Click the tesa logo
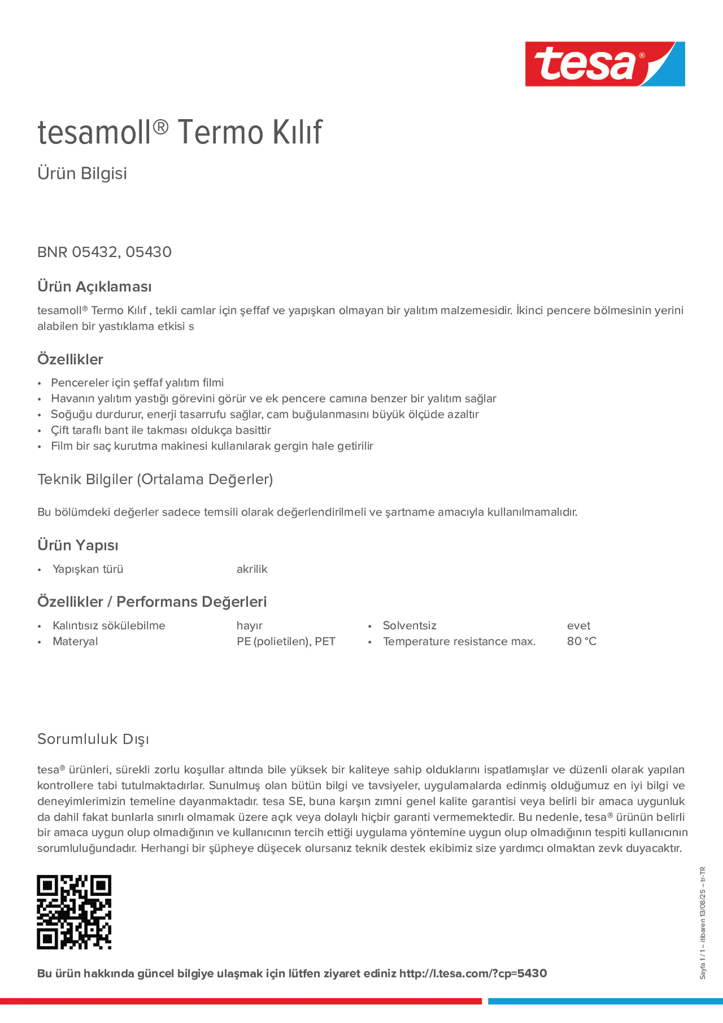click(x=605, y=64)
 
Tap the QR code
click(x=74, y=912)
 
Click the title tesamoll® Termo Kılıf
click(x=180, y=133)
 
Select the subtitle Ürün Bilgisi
click(x=82, y=174)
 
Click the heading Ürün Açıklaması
click(x=95, y=286)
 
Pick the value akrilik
click(x=252, y=570)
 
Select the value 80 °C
click(x=581, y=641)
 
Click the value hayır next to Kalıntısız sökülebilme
click(x=249, y=625)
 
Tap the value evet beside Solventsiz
click(x=578, y=625)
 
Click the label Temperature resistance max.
click(x=459, y=642)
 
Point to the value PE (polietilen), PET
click(x=286, y=642)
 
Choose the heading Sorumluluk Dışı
click(x=93, y=739)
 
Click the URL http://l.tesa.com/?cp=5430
click(x=472, y=974)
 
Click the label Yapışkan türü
click(x=88, y=570)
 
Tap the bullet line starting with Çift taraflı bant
click(x=161, y=430)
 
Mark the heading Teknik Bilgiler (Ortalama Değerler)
click(x=155, y=480)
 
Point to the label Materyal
click(x=75, y=642)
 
